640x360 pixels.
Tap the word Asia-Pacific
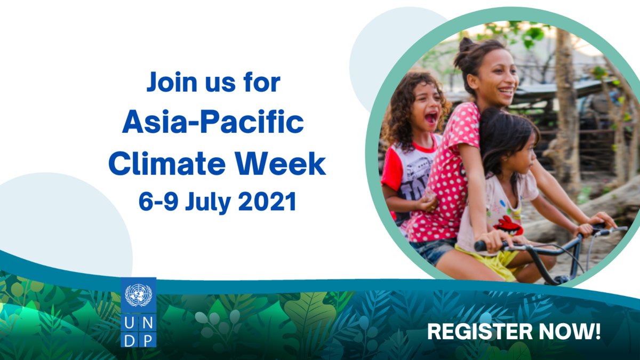pyautogui.click(x=213, y=123)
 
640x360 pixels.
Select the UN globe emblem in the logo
pyautogui.click(x=138, y=295)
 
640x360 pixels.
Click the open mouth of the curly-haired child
pyautogui.click(x=430, y=117)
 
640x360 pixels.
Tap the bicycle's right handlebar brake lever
pyautogui.click(x=613, y=230)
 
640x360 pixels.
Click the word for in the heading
pyautogui.click(x=262, y=83)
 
